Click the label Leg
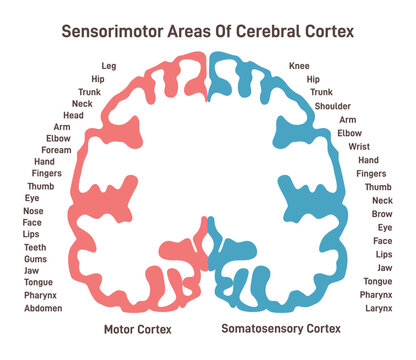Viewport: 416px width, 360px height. coord(109,65)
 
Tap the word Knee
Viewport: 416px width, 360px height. coord(300,65)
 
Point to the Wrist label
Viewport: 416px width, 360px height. coord(359,147)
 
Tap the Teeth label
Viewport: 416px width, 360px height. coord(34,247)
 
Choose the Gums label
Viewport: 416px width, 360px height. coord(35,260)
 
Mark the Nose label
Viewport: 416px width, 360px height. coord(33,212)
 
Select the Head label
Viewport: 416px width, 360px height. coord(74,115)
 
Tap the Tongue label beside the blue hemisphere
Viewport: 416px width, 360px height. coord(377,282)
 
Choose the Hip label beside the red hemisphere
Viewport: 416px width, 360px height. coord(97,78)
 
